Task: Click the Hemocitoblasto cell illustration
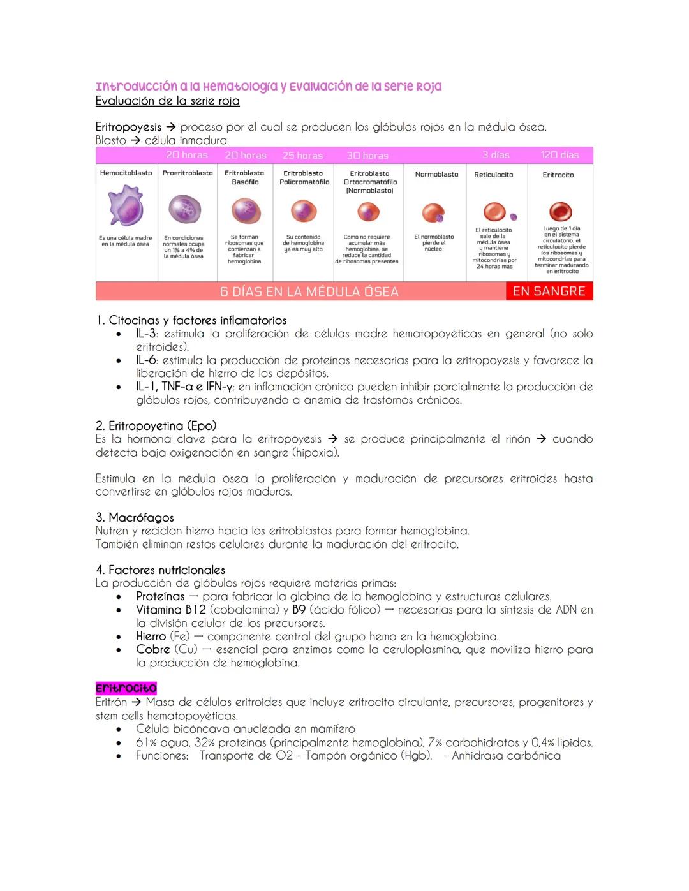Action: point(125,205)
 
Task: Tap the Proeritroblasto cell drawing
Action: point(185,209)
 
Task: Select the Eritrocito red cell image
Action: point(560,211)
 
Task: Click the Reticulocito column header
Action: point(493,175)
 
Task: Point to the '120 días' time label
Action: point(559,155)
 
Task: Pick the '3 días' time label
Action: point(496,155)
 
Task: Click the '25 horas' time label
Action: point(302,156)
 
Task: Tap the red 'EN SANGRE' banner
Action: point(549,291)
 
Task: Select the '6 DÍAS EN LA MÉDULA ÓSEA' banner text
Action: point(309,291)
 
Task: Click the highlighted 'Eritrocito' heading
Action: point(126,688)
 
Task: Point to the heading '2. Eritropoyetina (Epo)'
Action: point(156,425)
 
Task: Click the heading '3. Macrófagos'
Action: point(135,517)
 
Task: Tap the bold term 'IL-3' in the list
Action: point(145,334)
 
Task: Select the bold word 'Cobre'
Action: point(152,649)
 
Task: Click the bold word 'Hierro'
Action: point(151,636)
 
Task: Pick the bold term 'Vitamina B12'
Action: point(170,610)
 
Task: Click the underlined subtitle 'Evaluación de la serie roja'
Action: point(167,101)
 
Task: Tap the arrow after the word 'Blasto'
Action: point(135,140)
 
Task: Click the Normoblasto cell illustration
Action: point(433,213)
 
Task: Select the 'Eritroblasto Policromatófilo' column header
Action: point(304,177)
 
